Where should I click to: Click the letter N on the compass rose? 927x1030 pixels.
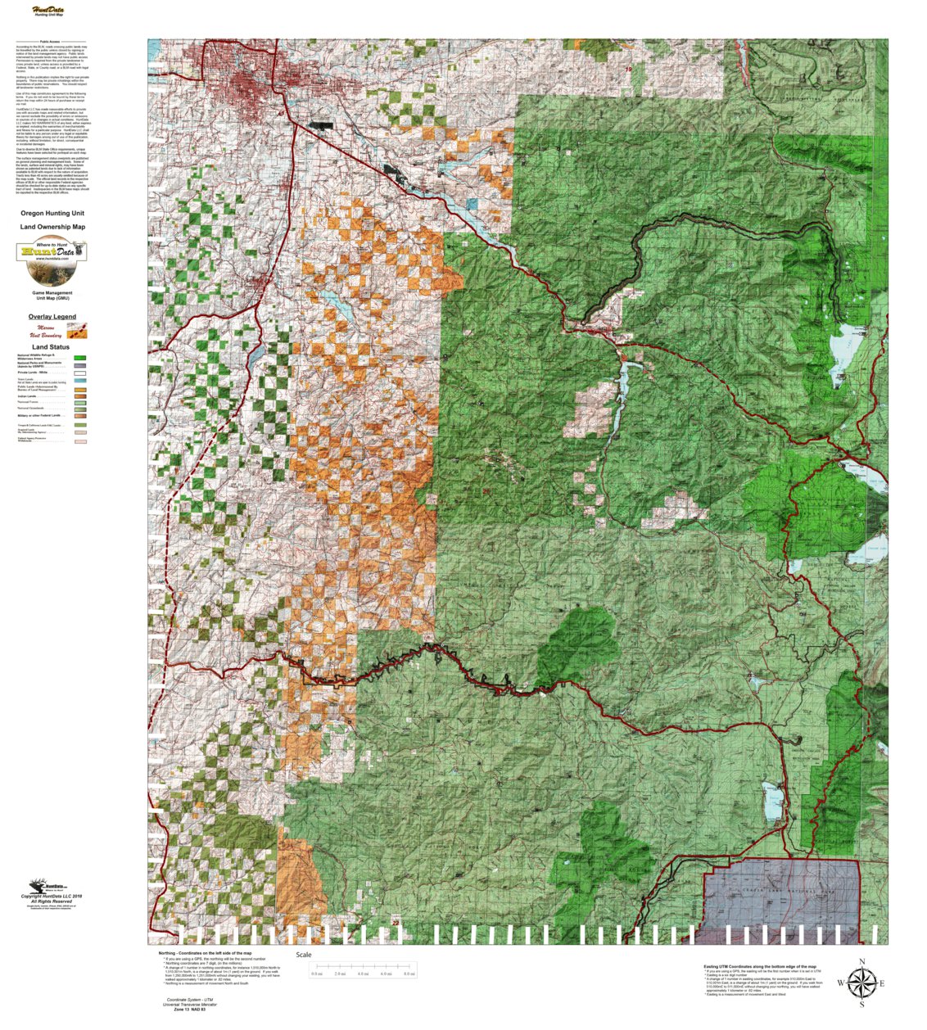coord(861,962)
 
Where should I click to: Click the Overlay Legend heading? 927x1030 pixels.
coord(52,317)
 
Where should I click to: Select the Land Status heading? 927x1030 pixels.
coord(51,347)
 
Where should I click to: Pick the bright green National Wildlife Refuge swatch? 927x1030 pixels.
coord(80,358)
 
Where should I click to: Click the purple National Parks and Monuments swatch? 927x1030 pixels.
coord(80,364)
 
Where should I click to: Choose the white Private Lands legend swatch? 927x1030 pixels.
coord(80,373)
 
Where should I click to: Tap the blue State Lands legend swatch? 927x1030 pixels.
coord(80,381)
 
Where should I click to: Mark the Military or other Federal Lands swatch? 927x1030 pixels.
coord(80,416)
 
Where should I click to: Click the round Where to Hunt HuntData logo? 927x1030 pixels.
coord(52,251)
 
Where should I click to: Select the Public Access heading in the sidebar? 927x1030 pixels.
coord(50,41)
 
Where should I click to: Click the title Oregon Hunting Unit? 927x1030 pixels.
coord(52,213)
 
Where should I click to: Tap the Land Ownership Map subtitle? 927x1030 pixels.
coord(52,227)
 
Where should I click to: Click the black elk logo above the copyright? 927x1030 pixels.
coord(38,887)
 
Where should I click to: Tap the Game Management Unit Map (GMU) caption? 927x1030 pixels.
coord(52,295)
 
